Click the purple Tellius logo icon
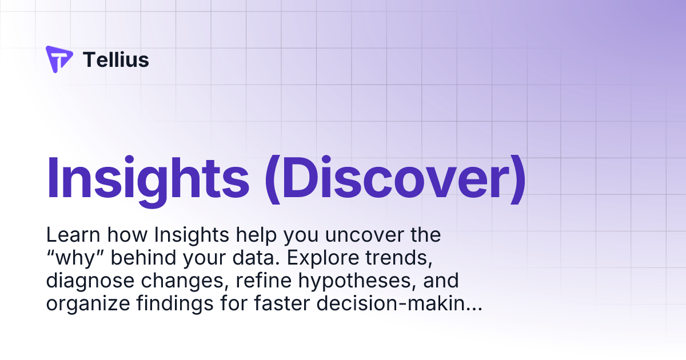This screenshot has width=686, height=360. click(59, 59)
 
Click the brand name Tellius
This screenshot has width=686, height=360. click(116, 59)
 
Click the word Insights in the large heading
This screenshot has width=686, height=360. click(147, 177)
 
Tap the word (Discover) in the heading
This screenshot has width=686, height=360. click(395, 177)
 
